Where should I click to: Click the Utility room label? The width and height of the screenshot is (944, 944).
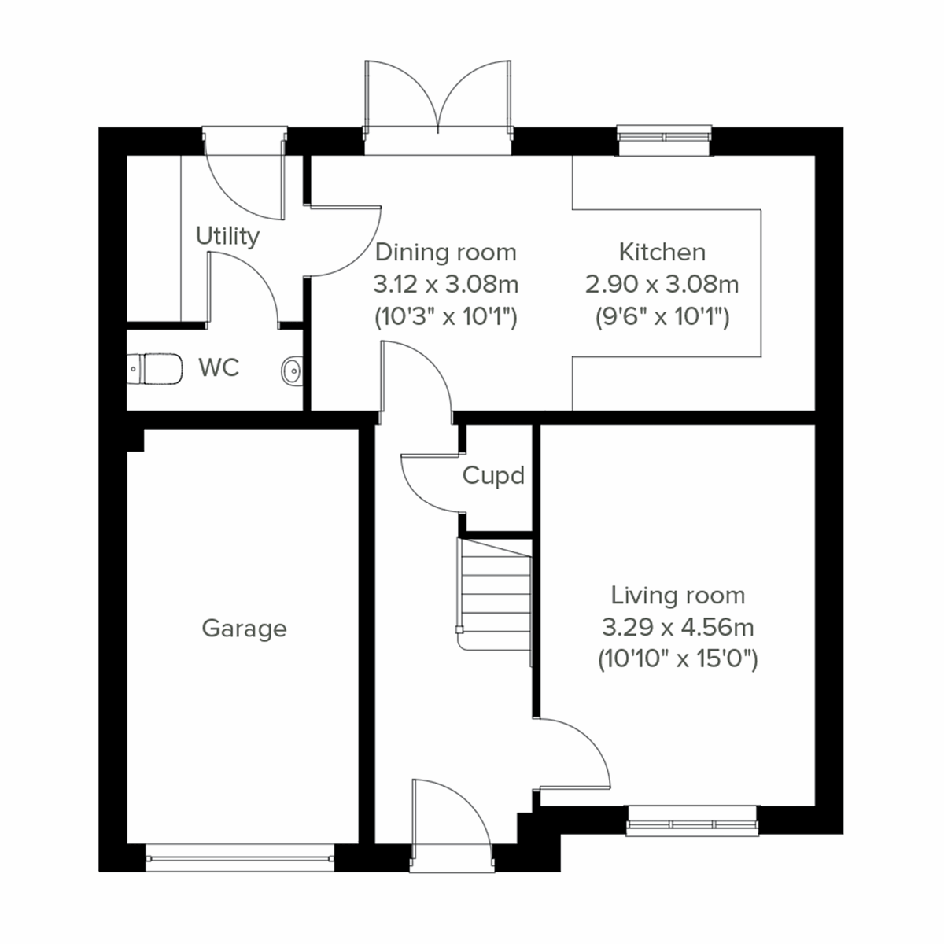coord(227,236)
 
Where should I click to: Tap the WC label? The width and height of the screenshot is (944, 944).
coord(219,367)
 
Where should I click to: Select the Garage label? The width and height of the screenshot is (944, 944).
coord(244,629)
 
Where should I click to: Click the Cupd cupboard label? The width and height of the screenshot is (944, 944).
coord(493,476)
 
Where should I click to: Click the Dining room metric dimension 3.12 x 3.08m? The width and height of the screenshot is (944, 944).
coord(446,284)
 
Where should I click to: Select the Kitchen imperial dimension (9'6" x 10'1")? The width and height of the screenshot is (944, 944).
coord(662,317)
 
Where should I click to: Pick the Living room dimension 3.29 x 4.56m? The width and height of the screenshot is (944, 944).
coord(677,628)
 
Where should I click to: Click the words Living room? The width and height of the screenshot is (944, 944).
coord(678,596)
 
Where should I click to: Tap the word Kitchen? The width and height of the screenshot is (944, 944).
coord(662,252)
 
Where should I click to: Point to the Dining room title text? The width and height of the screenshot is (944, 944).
coord(446,253)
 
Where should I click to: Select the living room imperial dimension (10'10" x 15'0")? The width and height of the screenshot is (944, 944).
coord(677,659)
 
